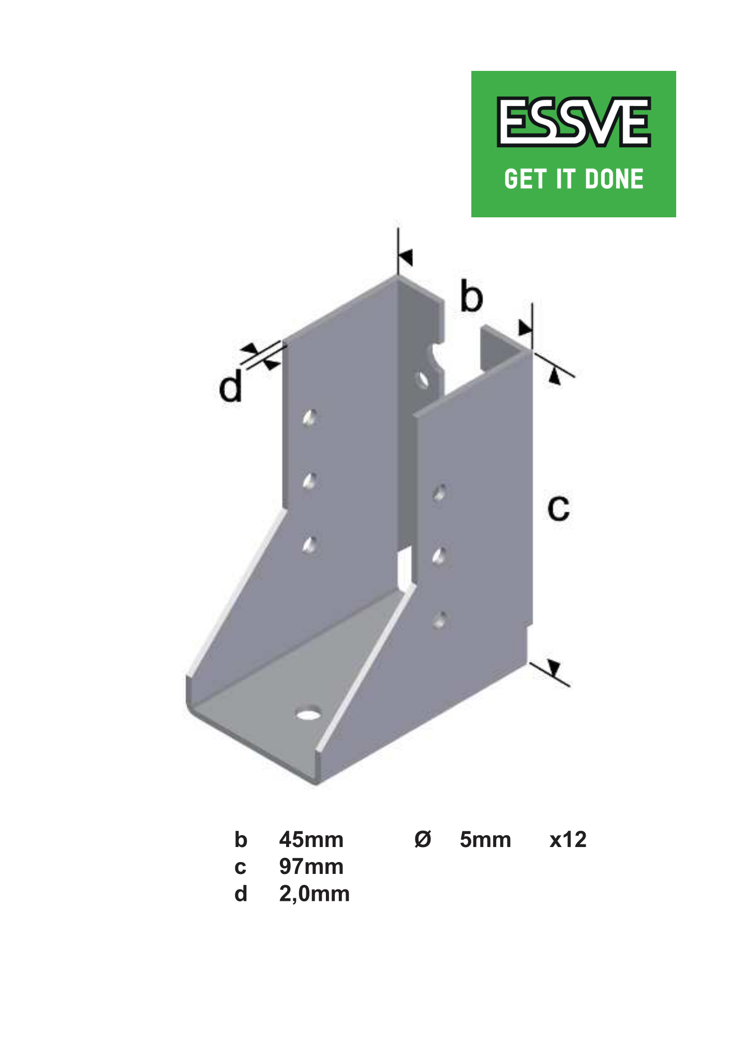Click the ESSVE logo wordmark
[573, 122]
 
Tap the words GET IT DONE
[573, 179]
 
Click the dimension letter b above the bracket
[471, 297]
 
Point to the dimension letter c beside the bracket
[558, 508]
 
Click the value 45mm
[311, 840]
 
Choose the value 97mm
[311, 867]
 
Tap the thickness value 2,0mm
[314, 894]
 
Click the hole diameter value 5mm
[485, 840]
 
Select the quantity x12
[568, 840]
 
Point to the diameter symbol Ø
[423, 840]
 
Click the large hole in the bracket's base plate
[308, 715]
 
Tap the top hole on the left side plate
[310, 418]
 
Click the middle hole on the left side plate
[310, 482]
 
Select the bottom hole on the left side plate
[310, 545]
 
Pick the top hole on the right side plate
[440, 493]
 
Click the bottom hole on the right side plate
[440, 620]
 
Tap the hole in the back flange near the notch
[423, 380]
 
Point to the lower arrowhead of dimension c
[554, 668]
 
